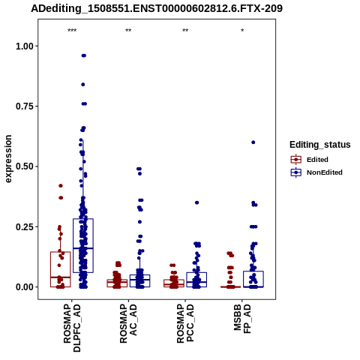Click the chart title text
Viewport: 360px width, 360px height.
[157, 8]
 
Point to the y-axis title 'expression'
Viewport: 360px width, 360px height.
[8, 159]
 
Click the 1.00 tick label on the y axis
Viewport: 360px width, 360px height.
[25, 46]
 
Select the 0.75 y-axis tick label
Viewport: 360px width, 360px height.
[25, 106]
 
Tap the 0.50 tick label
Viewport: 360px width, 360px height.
[25, 166]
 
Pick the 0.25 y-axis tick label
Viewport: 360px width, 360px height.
[25, 226]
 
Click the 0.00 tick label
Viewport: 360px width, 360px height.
[25, 287]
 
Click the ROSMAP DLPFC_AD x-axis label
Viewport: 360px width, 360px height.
[72, 328]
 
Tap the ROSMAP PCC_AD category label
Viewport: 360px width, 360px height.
[185, 323]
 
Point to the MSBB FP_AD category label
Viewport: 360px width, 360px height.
[242, 319]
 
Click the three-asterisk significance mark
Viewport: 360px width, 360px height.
[72, 31]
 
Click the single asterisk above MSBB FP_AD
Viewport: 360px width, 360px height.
[242, 31]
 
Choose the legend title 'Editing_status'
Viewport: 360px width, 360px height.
[320, 145]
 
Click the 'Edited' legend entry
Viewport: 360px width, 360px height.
[317, 160]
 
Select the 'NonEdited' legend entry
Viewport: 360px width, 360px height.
[325, 172]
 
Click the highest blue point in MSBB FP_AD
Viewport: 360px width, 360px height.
[253, 142]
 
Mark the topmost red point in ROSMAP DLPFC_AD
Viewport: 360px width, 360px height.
[61, 186]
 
